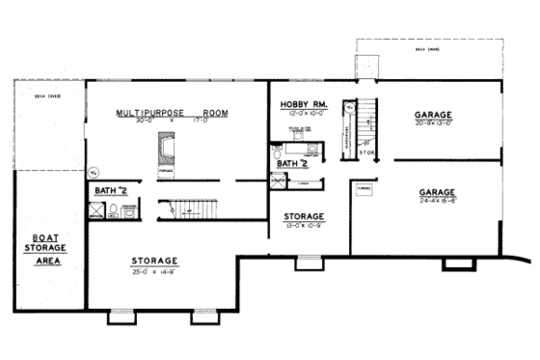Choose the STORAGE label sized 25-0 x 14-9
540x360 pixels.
[154, 261]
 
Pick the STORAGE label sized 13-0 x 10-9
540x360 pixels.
[303, 216]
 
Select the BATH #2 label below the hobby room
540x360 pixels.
[294, 164]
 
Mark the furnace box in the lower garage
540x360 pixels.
[364, 190]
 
